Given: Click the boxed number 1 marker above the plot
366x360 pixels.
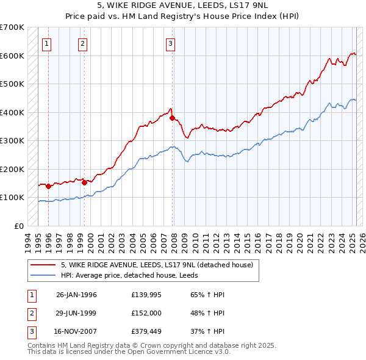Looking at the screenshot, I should [x=47, y=43].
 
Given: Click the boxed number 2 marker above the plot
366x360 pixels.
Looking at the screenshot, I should [x=82, y=43].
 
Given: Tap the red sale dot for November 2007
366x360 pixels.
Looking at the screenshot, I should [x=173, y=118].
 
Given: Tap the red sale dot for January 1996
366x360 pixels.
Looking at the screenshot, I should [x=48, y=186].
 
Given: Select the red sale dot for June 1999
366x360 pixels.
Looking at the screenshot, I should [x=84, y=182].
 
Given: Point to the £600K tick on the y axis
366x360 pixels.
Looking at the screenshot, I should [x=12, y=56].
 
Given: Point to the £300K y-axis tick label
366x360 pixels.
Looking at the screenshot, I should [x=12, y=141].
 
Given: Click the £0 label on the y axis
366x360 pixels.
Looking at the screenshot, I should [x=19, y=226].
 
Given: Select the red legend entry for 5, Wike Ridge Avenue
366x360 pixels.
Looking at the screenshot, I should [x=160, y=265].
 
